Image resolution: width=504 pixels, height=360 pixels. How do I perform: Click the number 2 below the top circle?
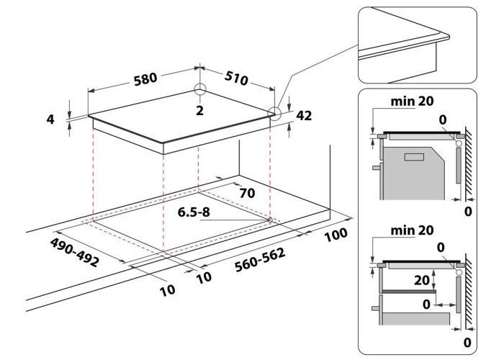(199, 111)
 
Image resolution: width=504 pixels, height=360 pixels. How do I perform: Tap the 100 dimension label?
(336, 235)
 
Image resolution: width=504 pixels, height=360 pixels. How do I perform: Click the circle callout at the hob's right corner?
(274, 112)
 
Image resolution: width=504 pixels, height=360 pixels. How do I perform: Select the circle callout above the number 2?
(199, 91)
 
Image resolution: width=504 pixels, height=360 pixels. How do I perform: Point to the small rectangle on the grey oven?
(415, 156)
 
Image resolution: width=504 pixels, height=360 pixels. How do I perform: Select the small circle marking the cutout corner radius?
(269, 219)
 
